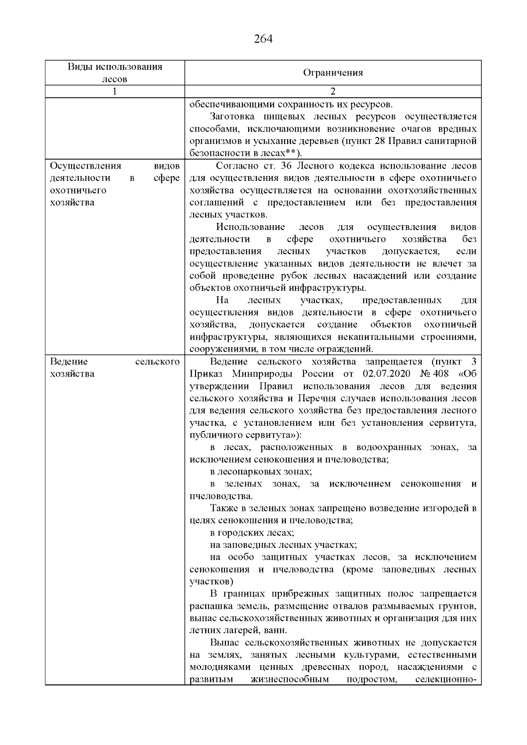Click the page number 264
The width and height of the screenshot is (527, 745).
coord(263,39)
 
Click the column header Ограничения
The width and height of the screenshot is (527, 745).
coord(333,73)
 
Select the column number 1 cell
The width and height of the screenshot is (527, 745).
coord(115,91)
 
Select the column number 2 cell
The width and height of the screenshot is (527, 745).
coord(332,91)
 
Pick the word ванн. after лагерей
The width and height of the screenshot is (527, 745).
coord(276,631)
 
